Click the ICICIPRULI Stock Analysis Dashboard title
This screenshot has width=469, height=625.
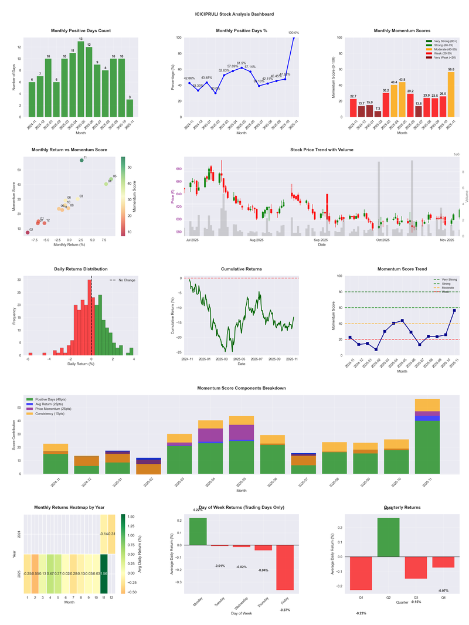pos(235,13)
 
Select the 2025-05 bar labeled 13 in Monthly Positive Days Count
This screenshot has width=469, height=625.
pos(81,79)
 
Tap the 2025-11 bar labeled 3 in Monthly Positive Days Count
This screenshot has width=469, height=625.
pos(130,108)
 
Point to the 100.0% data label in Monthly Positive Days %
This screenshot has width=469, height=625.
pos(294,33)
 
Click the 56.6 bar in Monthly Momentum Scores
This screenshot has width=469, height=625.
pos(451,94)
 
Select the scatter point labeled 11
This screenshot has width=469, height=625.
pos(81,160)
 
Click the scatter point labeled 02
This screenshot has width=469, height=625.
pos(27,233)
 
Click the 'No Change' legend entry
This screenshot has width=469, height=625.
pos(123,280)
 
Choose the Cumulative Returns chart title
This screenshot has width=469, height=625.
pos(242,269)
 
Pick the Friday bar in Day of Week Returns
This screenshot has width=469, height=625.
pos(286,567)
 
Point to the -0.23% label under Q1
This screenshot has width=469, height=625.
pos(361,613)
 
